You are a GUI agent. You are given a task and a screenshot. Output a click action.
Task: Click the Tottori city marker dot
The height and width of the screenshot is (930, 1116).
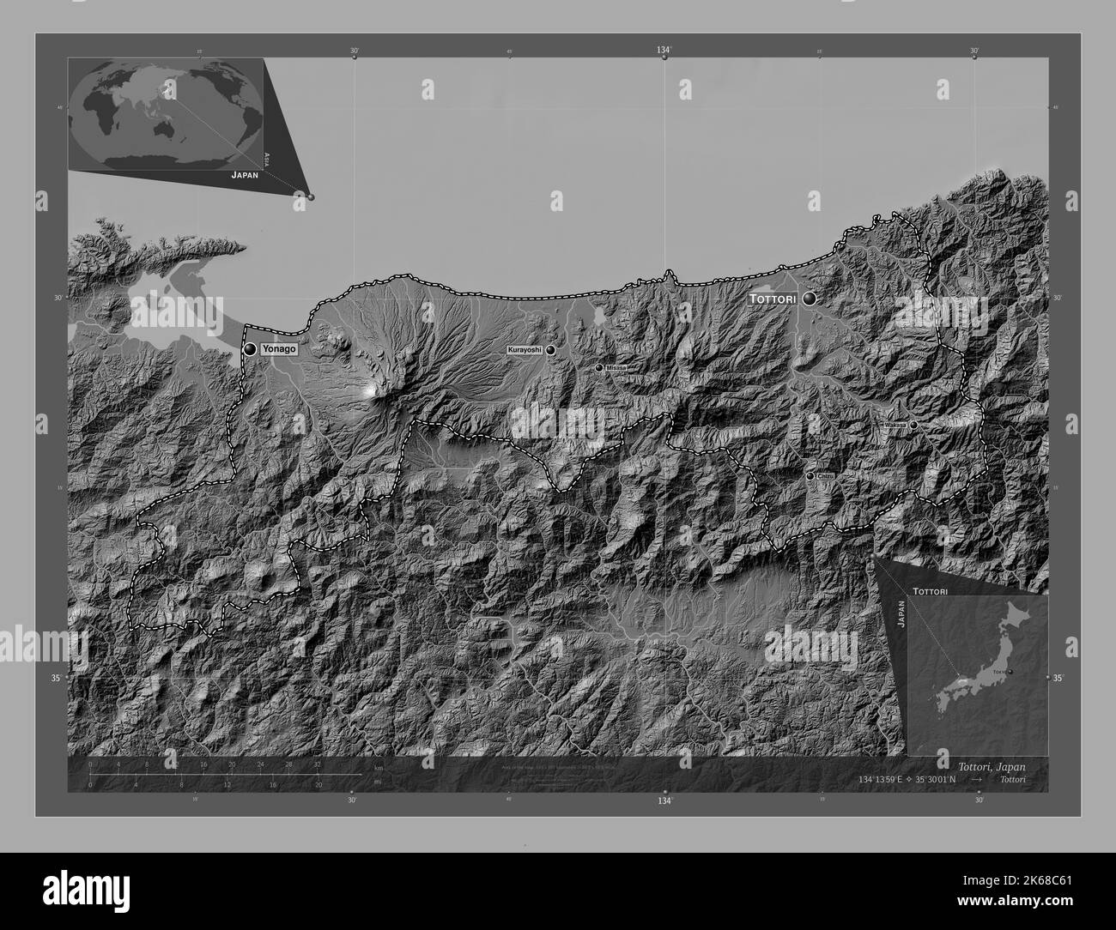coord(809,299)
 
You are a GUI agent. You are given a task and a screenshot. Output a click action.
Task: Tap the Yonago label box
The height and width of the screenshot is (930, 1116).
coord(279,349)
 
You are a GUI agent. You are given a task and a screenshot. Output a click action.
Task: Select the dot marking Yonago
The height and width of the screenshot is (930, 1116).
coord(250,349)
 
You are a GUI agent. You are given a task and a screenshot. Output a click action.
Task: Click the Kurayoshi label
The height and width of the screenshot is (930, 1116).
coord(525,350)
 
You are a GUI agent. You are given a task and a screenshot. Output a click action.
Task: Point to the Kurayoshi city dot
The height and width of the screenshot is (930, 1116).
coord(550,350)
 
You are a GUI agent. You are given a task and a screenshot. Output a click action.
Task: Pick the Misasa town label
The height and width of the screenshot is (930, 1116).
coord(616,367)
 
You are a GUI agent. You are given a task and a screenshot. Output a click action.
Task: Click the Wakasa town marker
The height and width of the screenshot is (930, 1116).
coord(913,425)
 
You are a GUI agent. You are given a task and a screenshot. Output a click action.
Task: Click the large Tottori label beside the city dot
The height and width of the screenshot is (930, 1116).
coord(773,299)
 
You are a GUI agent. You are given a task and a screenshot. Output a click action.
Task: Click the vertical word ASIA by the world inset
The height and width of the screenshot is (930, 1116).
coord(267,158)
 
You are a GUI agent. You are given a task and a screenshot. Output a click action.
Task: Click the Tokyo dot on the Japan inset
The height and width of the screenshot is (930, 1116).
coord(1010,671)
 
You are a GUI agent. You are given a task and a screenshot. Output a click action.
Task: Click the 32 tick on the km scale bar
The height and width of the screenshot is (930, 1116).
coord(318,764)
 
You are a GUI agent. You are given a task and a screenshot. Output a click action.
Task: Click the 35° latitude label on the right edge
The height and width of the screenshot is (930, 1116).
coord(1058,679)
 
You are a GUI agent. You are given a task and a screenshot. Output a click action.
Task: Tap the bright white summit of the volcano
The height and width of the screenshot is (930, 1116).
coord(372,390)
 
